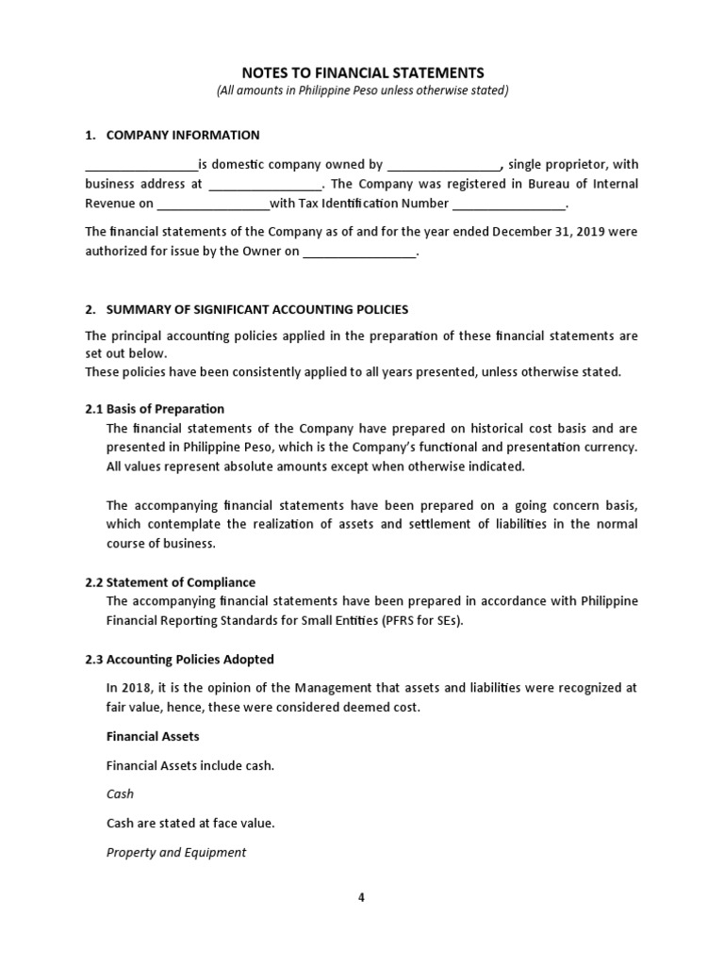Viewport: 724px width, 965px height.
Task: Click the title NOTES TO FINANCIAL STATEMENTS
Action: pos(362,72)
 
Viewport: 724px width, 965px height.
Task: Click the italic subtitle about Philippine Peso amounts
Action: pos(362,90)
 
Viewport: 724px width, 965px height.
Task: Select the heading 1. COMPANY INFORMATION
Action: pos(173,135)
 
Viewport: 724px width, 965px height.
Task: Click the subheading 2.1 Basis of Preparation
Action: pos(155,408)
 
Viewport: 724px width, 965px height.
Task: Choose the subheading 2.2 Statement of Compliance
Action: pos(170,581)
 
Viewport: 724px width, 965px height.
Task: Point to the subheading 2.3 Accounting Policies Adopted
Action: pos(179,659)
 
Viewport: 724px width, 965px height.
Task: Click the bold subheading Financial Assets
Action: pos(153,736)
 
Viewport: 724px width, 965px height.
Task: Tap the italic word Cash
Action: pos(121,793)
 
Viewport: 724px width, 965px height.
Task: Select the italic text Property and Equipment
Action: pos(176,852)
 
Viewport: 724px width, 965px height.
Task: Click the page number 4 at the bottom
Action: pos(361,897)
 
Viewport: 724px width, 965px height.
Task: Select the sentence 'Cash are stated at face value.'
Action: pos(190,823)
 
